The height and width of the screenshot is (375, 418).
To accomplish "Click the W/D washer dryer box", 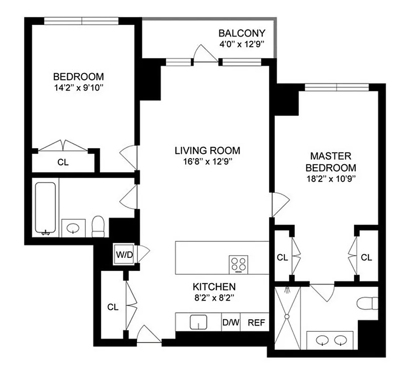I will point(124,255).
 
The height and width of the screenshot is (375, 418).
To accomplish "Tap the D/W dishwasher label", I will point(230,322).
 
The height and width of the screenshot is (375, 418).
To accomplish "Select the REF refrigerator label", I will point(256,322).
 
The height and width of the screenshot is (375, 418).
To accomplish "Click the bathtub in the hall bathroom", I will point(46,208).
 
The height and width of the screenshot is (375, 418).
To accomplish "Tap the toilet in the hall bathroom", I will point(98,226).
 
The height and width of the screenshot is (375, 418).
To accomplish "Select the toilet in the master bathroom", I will point(367,303).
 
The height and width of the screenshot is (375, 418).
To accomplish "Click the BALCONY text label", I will point(242,33).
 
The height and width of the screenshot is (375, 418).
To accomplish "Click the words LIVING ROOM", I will point(207,150).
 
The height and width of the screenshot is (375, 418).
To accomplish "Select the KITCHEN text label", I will point(214,286).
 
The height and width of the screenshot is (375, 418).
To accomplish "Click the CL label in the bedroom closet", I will point(63,162).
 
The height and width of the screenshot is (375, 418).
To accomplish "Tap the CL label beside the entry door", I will point(113,307).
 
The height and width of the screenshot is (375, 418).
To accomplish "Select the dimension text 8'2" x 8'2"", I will point(214,297).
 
